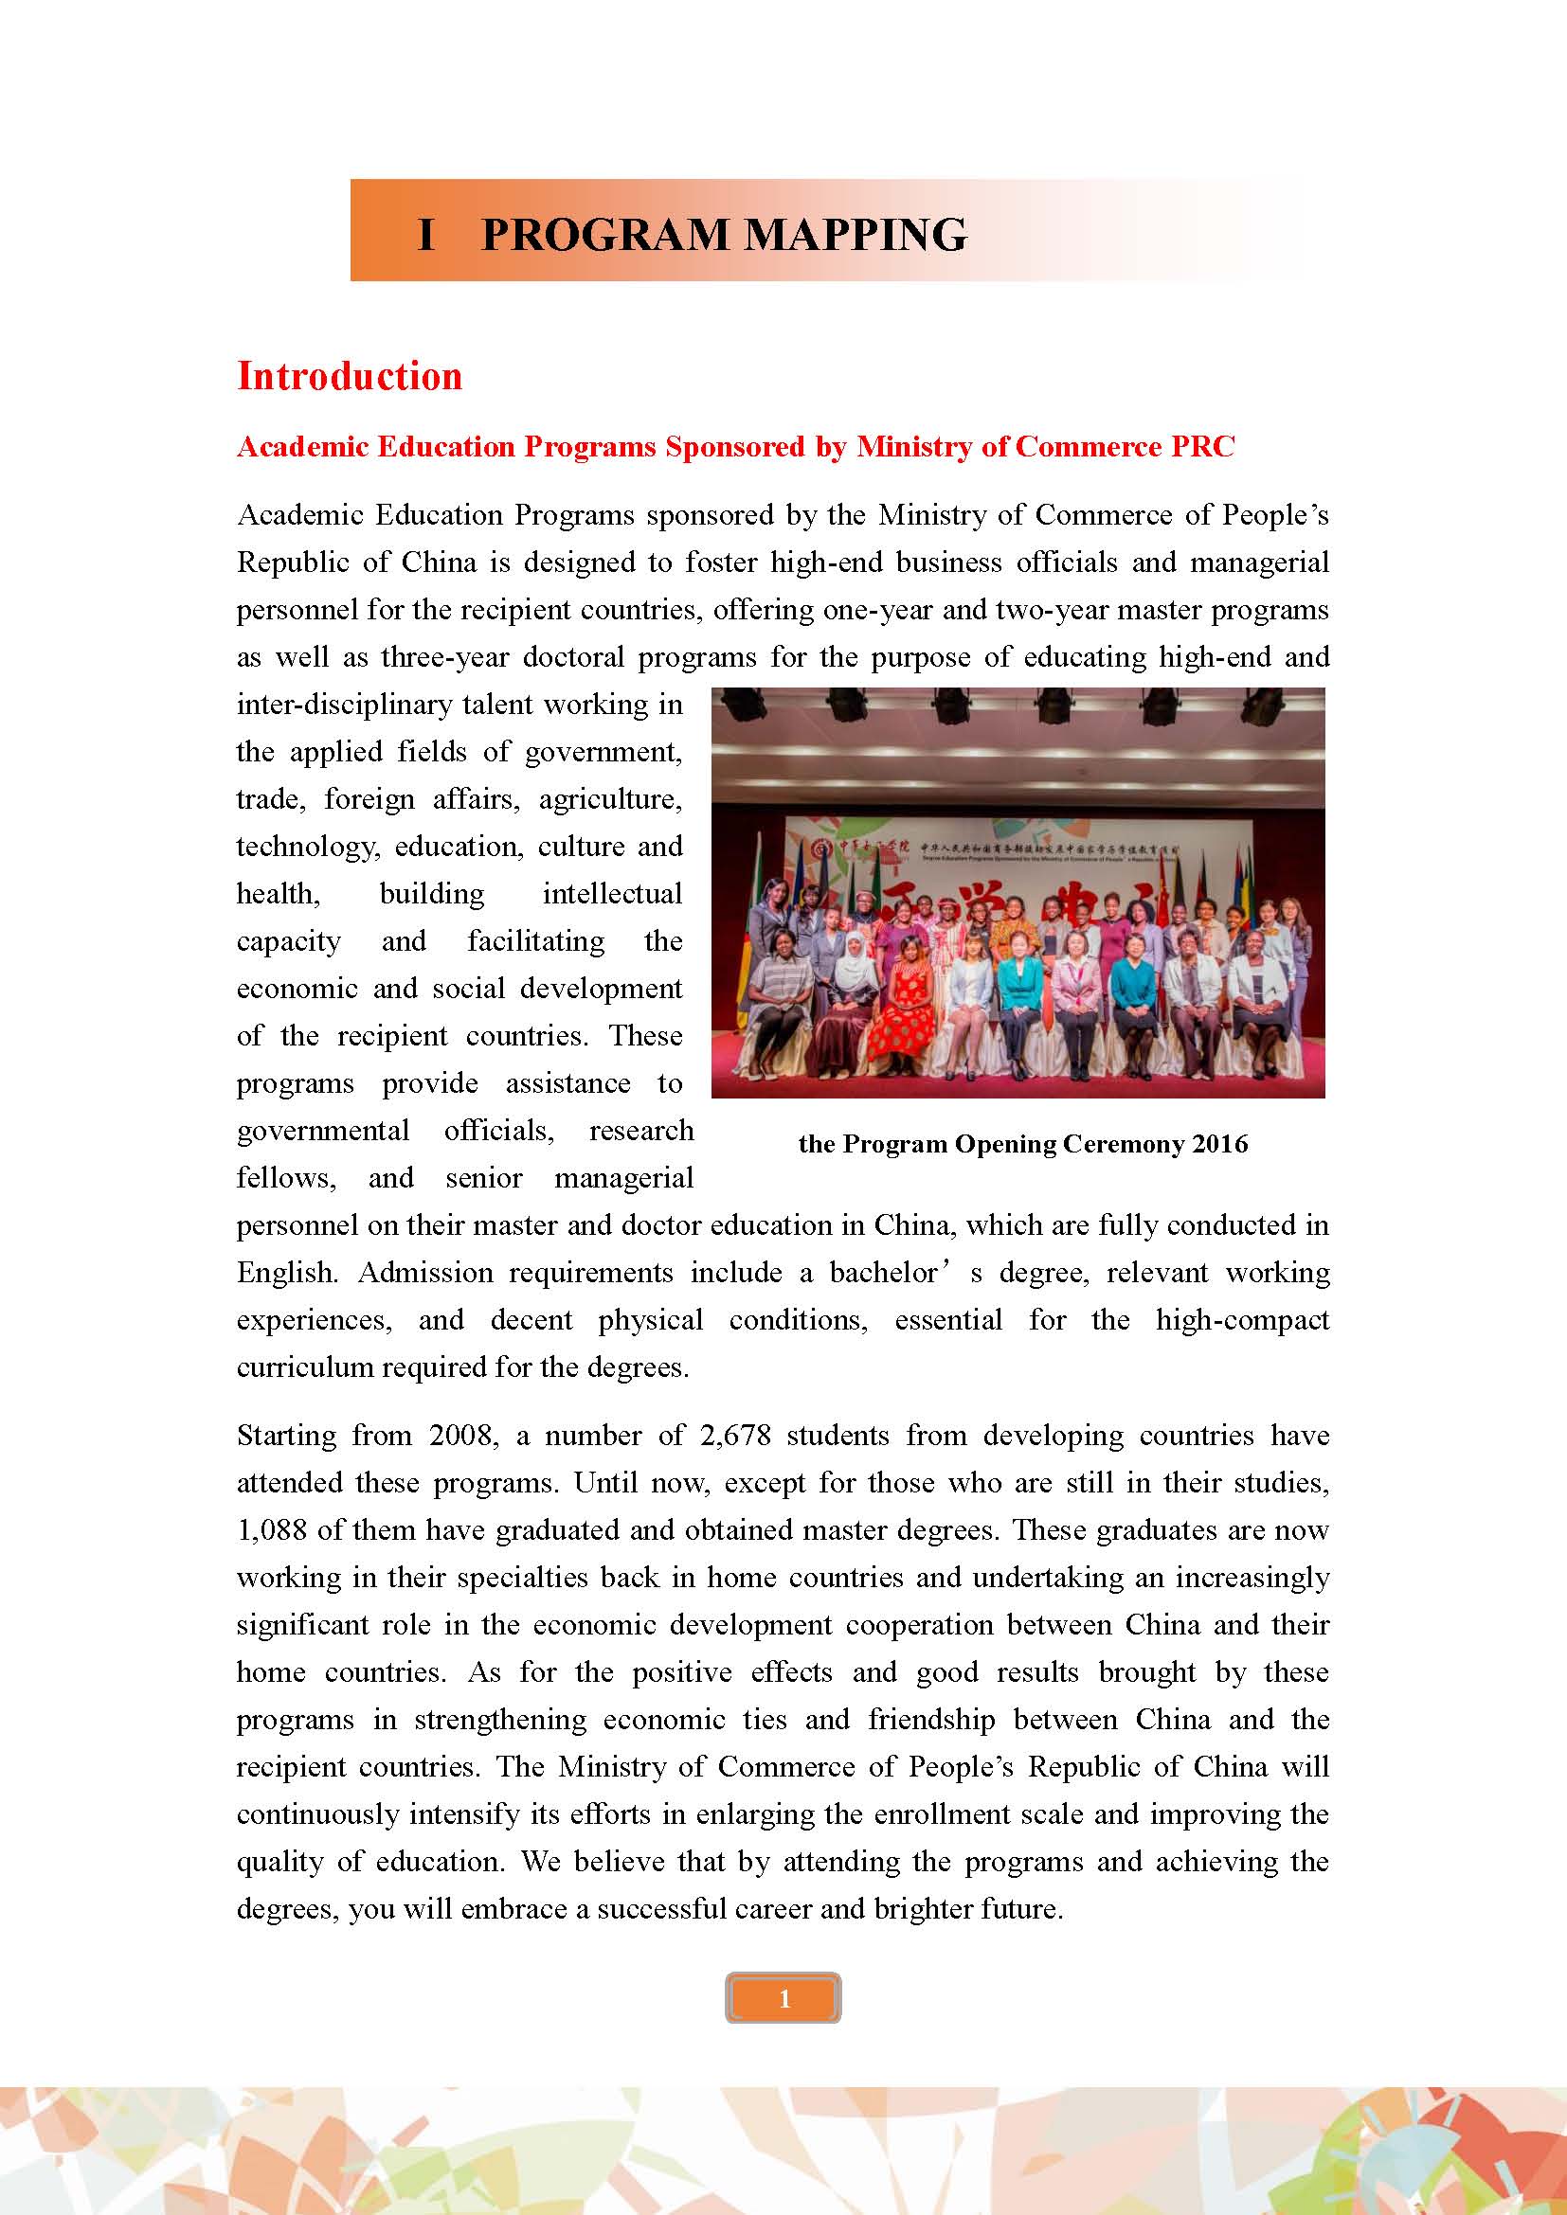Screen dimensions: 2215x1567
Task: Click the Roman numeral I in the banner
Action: (x=425, y=235)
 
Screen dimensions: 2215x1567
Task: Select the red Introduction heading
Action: (x=350, y=375)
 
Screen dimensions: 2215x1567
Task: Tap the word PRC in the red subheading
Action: (x=1202, y=447)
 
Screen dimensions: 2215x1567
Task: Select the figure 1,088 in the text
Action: (x=271, y=1530)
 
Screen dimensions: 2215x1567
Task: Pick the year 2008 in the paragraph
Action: (x=463, y=1436)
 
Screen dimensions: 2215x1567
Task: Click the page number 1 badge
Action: (x=783, y=1999)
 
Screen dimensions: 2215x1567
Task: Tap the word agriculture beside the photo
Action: (x=610, y=799)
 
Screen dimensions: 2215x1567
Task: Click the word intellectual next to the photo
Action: (x=612, y=893)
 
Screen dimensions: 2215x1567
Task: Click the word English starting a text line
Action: (x=286, y=1273)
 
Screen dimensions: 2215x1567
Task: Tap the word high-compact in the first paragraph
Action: (x=1242, y=1320)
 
